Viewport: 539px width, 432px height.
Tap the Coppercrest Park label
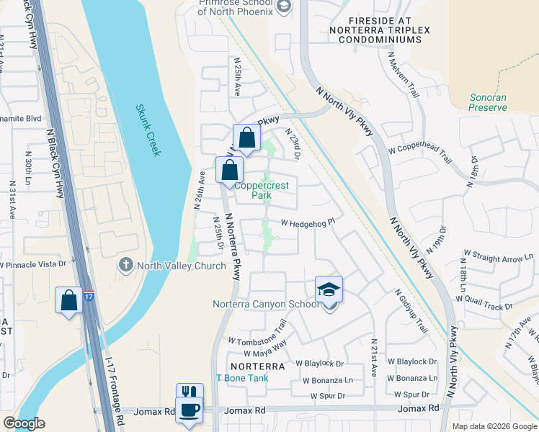pyautogui.click(x=270, y=190)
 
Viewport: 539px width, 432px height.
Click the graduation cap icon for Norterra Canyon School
pyautogui.click(x=329, y=289)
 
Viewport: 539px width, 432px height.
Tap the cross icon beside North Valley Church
pyautogui.click(x=127, y=265)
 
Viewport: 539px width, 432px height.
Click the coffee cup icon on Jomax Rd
pyautogui.click(x=190, y=410)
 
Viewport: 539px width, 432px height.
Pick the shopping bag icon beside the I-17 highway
pyautogui.click(x=69, y=300)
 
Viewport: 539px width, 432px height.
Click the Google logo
pyautogui.click(x=24, y=423)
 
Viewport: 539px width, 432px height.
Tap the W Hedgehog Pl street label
pyautogui.click(x=308, y=224)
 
